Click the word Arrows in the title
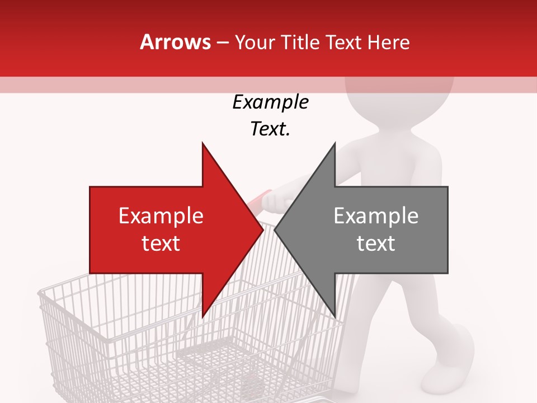(x=176, y=42)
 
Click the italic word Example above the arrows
(x=271, y=102)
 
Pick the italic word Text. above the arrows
(x=271, y=129)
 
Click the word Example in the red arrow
(x=161, y=216)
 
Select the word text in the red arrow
(x=161, y=243)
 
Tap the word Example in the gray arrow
(x=376, y=216)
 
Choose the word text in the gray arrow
(x=376, y=243)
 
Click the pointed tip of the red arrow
(x=262, y=230)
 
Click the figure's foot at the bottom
(x=459, y=353)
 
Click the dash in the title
(x=222, y=43)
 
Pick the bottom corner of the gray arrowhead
(x=335, y=317)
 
